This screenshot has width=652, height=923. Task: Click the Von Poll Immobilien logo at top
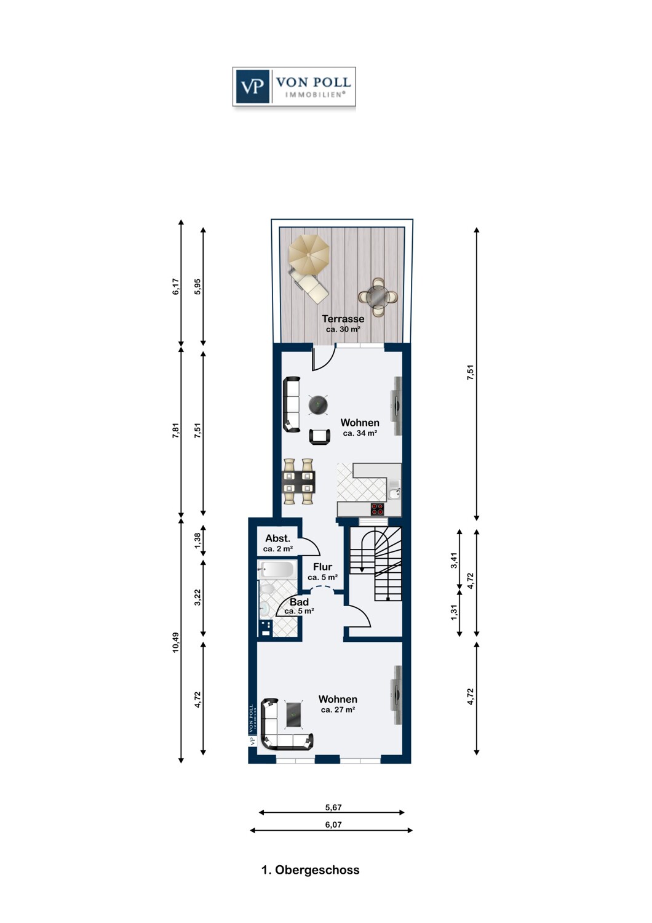294,87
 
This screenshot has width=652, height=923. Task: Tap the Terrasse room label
343,319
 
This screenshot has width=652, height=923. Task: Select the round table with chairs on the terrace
377,297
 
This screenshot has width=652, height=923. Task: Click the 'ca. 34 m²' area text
360,433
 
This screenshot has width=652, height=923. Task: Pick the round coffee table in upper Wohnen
317,405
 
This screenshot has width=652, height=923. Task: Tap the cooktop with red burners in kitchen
377,509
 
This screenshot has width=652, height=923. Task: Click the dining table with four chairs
298,481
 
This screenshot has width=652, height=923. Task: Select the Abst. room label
277,538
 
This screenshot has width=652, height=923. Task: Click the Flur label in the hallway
322,567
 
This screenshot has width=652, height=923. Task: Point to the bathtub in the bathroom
277,569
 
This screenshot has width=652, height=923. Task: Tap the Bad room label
299,602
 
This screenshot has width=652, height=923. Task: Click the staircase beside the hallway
376,563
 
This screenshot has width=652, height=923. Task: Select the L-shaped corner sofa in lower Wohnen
284,726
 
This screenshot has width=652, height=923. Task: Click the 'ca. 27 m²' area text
338,709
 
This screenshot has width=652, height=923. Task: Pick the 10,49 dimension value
176,642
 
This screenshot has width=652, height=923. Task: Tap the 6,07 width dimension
333,825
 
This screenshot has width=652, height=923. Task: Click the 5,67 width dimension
333,807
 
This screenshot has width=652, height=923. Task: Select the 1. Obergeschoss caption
310,870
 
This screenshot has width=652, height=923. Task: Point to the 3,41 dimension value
454,560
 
